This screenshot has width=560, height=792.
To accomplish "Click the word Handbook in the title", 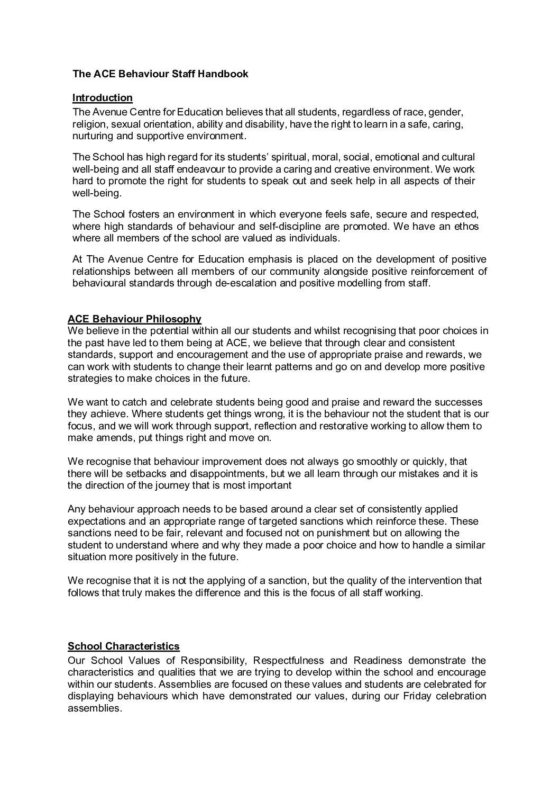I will [224, 74].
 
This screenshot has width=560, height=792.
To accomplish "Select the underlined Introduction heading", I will [102, 97].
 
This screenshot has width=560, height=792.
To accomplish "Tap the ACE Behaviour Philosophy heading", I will [134, 319].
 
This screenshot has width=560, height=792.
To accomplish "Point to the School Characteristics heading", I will [123, 646].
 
